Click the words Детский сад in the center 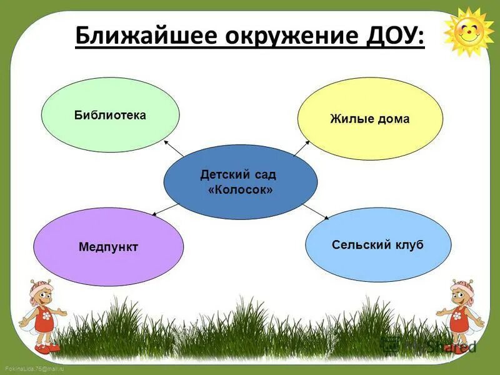click(238, 174)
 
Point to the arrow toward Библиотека click(173, 148)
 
